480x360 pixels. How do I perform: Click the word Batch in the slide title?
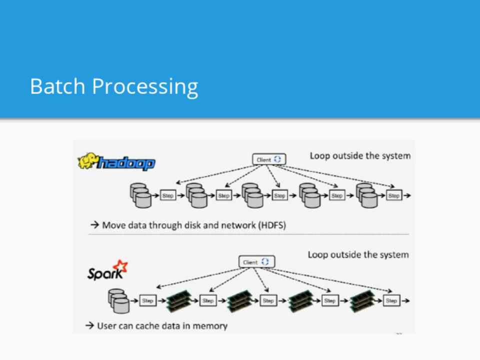(x=57, y=86)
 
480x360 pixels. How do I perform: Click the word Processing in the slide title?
(x=145, y=87)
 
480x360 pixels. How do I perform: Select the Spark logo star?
(x=120, y=267)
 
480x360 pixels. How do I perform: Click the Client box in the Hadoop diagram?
(x=269, y=159)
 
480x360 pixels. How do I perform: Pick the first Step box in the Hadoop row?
(x=168, y=195)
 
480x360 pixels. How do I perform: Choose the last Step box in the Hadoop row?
(x=394, y=195)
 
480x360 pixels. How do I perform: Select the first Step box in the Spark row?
(x=147, y=301)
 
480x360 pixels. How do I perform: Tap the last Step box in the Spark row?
(x=391, y=301)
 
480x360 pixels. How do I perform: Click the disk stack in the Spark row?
(x=118, y=300)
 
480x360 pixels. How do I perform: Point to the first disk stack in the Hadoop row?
(x=140, y=195)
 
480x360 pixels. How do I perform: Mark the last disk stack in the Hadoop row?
(x=367, y=195)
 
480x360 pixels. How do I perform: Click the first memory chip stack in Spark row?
(x=178, y=300)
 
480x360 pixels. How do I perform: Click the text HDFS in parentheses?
(x=272, y=225)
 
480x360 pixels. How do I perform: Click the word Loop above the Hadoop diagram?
(x=320, y=155)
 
